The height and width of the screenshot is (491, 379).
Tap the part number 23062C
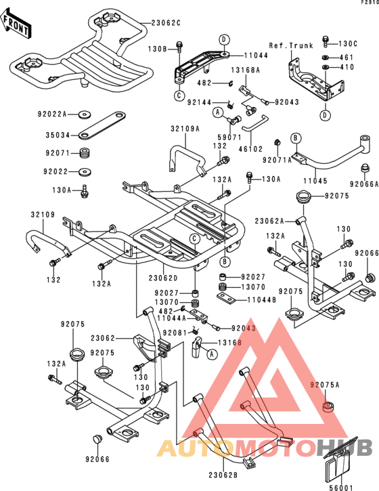(x=166, y=23)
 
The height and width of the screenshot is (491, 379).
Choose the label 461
(x=347, y=57)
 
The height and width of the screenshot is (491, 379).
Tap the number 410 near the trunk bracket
(x=347, y=68)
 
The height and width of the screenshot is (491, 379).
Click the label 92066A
(x=363, y=184)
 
